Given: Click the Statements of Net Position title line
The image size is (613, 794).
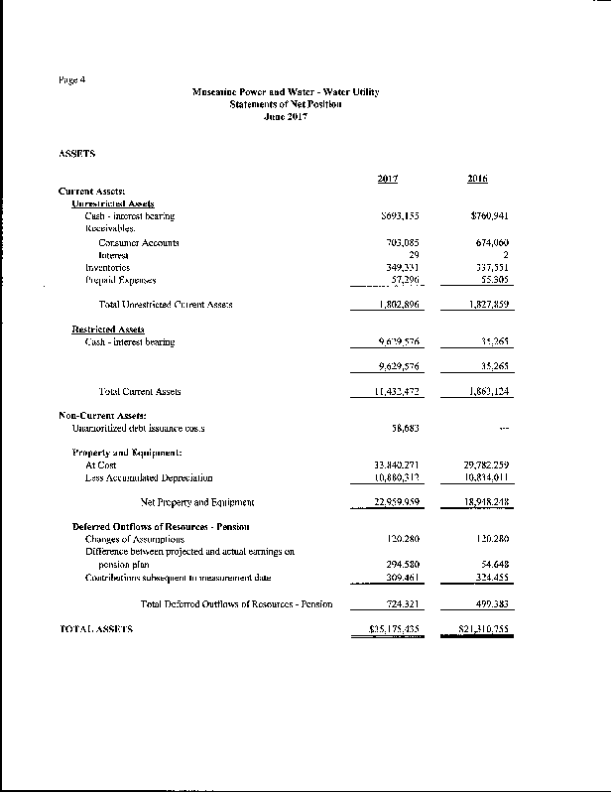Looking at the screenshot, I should [x=286, y=104].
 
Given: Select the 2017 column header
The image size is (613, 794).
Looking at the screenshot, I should [x=388, y=179].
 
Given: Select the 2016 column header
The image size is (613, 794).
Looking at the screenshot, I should [x=476, y=179].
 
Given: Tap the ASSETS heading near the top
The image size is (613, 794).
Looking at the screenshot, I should [x=77, y=153].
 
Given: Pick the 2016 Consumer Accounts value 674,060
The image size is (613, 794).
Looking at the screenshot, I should [x=488, y=242].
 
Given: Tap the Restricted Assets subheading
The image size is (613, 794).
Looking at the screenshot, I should [x=108, y=330].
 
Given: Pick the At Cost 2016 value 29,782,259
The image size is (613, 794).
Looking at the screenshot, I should [x=485, y=464].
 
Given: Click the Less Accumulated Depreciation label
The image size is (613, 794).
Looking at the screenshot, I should [x=149, y=477].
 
